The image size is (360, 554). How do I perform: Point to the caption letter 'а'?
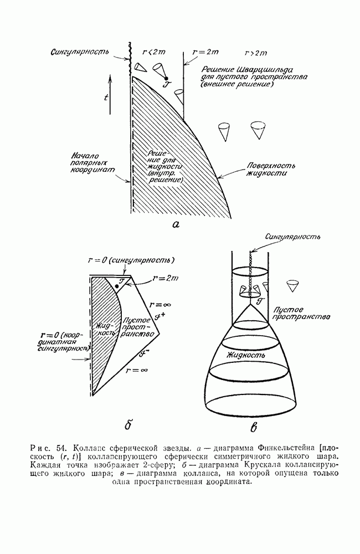click(176, 224)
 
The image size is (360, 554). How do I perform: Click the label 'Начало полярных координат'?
click(92, 163)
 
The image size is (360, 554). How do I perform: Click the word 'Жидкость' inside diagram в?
click(245, 352)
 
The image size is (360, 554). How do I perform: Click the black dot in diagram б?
click(118, 285)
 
